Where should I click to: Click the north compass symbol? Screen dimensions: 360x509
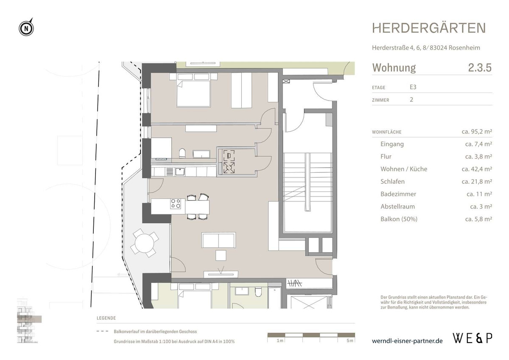click(x=26, y=28)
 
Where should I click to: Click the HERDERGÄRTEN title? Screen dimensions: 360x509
click(x=429, y=28)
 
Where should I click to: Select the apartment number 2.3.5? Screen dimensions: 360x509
click(x=480, y=67)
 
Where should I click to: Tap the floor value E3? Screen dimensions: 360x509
click(x=413, y=87)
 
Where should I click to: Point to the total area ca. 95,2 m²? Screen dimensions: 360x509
click(x=476, y=132)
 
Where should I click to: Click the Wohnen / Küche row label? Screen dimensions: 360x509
click(x=404, y=169)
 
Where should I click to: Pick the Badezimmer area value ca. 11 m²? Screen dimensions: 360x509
click(x=479, y=194)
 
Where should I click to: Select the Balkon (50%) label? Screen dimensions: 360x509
click(x=399, y=219)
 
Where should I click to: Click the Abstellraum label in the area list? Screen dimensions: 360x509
click(x=397, y=207)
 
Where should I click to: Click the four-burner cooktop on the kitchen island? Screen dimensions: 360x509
click(x=175, y=204)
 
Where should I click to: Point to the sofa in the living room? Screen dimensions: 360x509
click(x=219, y=240)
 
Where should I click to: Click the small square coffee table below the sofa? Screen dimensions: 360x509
click(x=221, y=255)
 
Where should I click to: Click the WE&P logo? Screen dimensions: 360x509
click(x=472, y=338)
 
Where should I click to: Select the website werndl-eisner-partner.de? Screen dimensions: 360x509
click(x=407, y=340)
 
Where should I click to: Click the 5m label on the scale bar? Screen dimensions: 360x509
click(x=349, y=341)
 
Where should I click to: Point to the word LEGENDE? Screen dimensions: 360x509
click(x=106, y=318)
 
